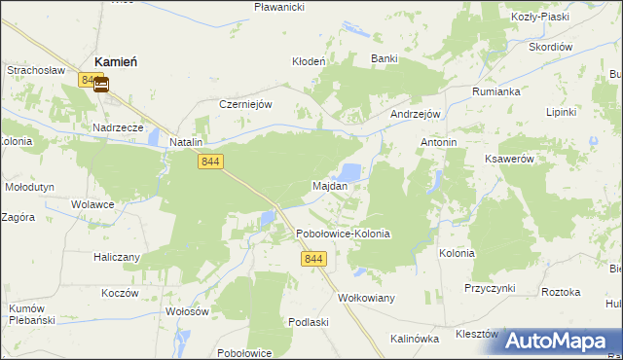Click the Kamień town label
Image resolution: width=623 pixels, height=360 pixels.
click(115, 61)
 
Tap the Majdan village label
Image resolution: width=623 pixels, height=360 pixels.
click(330, 185)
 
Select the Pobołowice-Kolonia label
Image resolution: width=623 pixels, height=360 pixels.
click(343, 234)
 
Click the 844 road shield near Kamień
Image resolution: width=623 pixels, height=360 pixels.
click(92, 81)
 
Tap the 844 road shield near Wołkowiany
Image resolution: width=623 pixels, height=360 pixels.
click(313, 259)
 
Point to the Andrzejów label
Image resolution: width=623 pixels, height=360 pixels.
click(417, 113)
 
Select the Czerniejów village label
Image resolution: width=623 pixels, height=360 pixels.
click(244, 104)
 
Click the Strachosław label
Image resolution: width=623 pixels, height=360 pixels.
click(35, 71)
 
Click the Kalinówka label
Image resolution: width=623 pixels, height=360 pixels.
click(416, 339)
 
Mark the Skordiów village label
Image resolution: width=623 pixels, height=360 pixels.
click(550, 47)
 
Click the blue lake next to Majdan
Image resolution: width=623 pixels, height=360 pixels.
click(350, 172)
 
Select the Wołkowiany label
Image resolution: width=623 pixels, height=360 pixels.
click(366, 298)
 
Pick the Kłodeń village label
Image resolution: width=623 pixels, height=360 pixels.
click(309, 60)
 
